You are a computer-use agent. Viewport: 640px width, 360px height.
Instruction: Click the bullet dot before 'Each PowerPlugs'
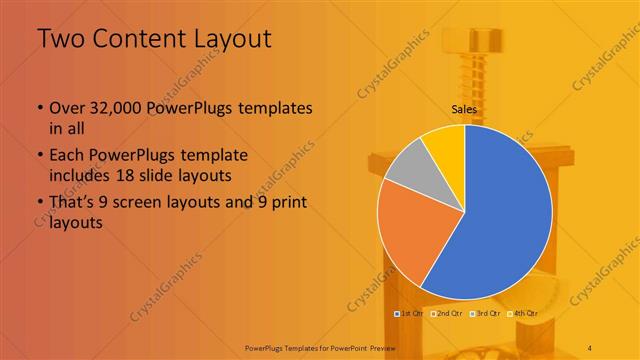[39, 156]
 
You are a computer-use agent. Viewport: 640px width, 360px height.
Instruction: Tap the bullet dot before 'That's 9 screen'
[39, 203]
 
